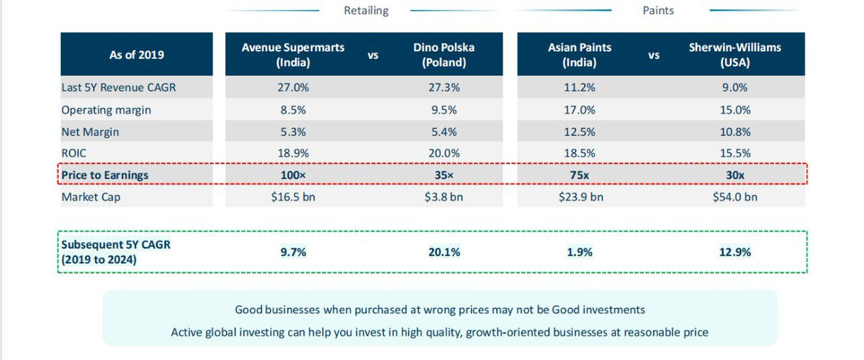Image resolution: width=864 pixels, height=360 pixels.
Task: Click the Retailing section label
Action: pyautogui.click(x=366, y=11)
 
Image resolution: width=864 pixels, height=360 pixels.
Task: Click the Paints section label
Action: pyautogui.click(x=658, y=11)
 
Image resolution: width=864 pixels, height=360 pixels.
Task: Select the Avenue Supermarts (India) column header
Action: pyautogui.click(x=293, y=55)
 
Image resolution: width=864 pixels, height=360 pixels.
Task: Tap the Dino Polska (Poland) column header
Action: pyautogui.click(x=444, y=55)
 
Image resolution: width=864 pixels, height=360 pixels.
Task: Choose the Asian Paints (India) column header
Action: pyautogui.click(x=579, y=55)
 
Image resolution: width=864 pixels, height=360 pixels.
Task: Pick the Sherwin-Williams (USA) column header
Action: pyautogui.click(x=734, y=55)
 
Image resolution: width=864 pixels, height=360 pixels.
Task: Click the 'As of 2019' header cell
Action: pyautogui.click(x=137, y=55)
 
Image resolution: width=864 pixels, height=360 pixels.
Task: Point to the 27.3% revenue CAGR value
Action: pyautogui.click(x=444, y=88)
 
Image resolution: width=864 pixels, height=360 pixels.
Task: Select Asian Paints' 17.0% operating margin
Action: pyautogui.click(x=580, y=110)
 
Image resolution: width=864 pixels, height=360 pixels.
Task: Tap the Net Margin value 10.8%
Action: pyautogui.click(x=734, y=132)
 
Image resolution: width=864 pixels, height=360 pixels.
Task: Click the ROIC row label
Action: pyautogui.click(x=74, y=153)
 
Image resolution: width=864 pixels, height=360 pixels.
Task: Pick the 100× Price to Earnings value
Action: pyautogui.click(x=292, y=175)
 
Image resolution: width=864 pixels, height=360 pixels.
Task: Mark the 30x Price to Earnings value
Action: pyautogui.click(x=734, y=175)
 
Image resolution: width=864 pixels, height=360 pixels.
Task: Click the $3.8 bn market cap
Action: pyautogui.click(x=444, y=197)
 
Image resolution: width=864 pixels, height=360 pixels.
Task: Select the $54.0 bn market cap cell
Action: pyautogui.click(x=734, y=197)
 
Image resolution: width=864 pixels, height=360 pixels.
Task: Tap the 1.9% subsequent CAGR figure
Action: pyautogui.click(x=580, y=252)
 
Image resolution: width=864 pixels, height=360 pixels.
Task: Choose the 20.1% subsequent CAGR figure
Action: pyautogui.click(x=444, y=252)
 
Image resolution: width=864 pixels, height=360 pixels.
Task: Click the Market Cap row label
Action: pyautogui.click(x=91, y=197)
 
